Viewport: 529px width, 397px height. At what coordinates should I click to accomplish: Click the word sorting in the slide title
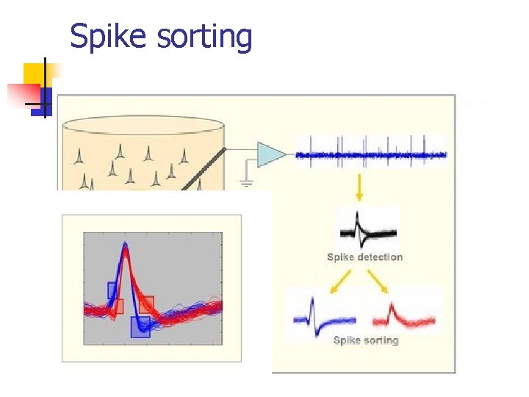click(204, 37)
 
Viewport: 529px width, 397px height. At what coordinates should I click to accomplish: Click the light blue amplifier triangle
click(270, 154)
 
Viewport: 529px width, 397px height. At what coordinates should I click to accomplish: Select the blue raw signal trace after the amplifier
click(371, 154)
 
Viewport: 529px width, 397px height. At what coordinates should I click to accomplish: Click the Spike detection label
click(365, 257)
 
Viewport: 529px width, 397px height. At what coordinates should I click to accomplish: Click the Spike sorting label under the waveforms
click(365, 340)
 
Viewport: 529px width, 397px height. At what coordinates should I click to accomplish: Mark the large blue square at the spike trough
click(140, 326)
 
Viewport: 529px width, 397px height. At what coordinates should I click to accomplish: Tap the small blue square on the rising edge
click(113, 290)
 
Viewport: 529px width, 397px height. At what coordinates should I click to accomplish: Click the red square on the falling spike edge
click(146, 304)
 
